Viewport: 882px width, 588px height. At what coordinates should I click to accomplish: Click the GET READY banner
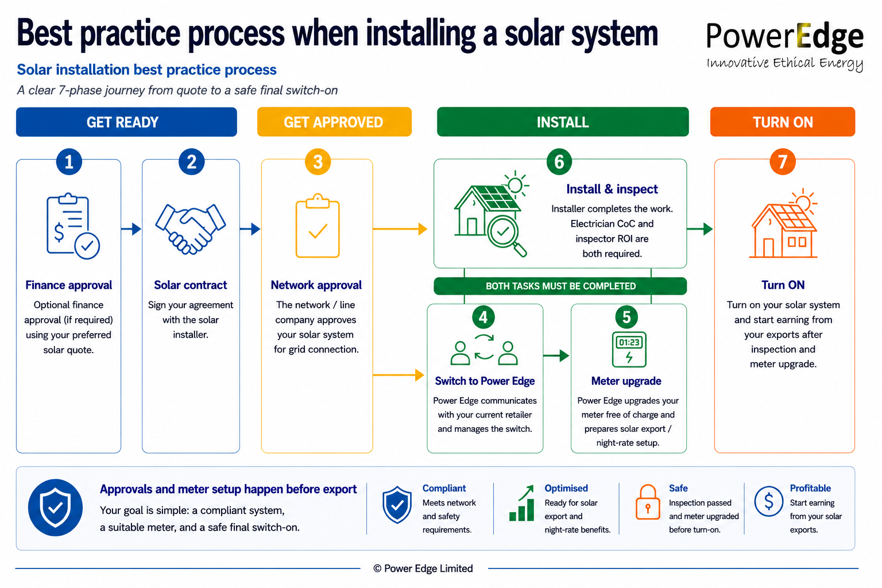click(126, 122)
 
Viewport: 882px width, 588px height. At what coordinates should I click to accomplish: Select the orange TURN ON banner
click(783, 122)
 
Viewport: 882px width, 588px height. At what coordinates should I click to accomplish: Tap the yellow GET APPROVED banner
click(334, 122)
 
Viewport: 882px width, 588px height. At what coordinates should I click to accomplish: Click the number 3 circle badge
click(318, 162)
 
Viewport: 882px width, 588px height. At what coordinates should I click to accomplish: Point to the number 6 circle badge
click(559, 162)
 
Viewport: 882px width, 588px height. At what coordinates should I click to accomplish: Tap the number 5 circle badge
click(626, 317)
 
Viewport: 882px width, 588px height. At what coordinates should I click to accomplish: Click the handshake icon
click(191, 229)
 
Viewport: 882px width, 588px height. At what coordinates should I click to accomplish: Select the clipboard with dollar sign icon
click(73, 226)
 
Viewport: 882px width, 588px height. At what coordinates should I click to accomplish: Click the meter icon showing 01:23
click(629, 349)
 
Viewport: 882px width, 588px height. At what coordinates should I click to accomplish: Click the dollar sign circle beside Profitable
click(769, 501)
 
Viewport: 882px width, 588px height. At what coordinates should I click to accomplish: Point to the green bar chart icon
click(521, 503)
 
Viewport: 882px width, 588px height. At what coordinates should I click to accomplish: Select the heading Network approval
click(316, 285)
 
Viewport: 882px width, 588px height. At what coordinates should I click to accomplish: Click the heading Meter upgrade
click(626, 381)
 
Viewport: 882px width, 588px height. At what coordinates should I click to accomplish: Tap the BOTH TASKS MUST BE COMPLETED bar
click(560, 286)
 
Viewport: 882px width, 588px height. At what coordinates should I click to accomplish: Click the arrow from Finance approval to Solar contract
click(131, 229)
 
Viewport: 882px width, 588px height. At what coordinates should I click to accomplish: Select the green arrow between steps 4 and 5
click(556, 355)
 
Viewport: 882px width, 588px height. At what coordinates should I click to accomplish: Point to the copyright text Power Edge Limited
click(423, 568)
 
